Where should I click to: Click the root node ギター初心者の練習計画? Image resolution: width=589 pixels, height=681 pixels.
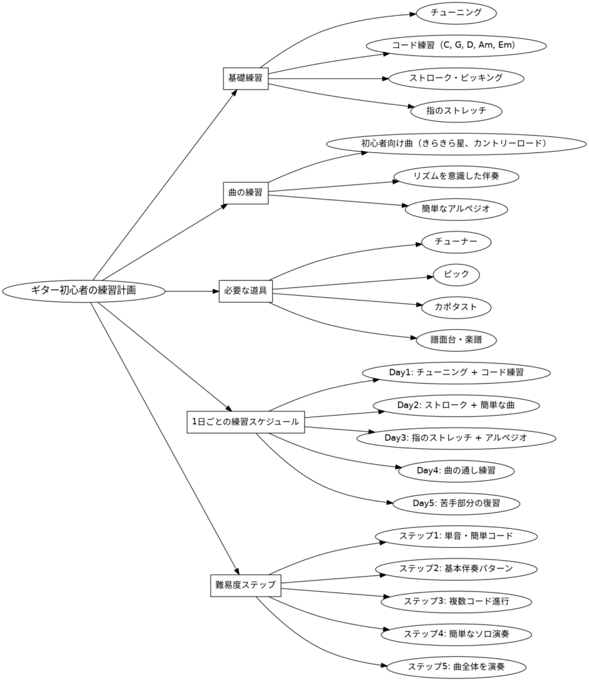click(84, 291)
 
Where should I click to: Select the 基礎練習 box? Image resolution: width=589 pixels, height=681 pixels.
click(245, 78)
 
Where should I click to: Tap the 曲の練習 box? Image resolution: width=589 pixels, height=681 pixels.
click(245, 193)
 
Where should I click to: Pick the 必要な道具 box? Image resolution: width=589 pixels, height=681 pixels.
click(246, 291)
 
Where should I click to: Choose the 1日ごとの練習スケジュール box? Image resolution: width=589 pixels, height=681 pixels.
click(245, 422)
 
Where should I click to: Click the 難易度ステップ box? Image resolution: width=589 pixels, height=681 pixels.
click(246, 585)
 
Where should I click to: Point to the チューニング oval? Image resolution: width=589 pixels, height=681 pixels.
click(456, 13)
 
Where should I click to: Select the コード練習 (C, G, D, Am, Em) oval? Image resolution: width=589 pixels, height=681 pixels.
click(456, 45)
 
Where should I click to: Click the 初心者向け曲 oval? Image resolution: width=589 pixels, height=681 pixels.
click(456, 144)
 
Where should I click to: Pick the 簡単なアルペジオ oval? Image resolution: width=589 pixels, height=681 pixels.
click(456, 209)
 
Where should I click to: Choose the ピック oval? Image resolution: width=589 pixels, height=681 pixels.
click(456, 274)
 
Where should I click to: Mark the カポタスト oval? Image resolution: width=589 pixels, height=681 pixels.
click(456, 307)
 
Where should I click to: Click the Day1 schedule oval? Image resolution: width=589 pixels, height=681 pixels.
click(456, 372)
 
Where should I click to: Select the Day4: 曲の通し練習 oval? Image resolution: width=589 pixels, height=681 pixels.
click(456, 471)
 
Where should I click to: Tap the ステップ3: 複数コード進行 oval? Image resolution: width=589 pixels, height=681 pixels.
click(456, 601)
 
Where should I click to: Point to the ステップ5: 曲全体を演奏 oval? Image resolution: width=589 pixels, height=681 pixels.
click(456, 666)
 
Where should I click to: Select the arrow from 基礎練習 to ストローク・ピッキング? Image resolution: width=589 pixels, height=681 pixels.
click(326, 78)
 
